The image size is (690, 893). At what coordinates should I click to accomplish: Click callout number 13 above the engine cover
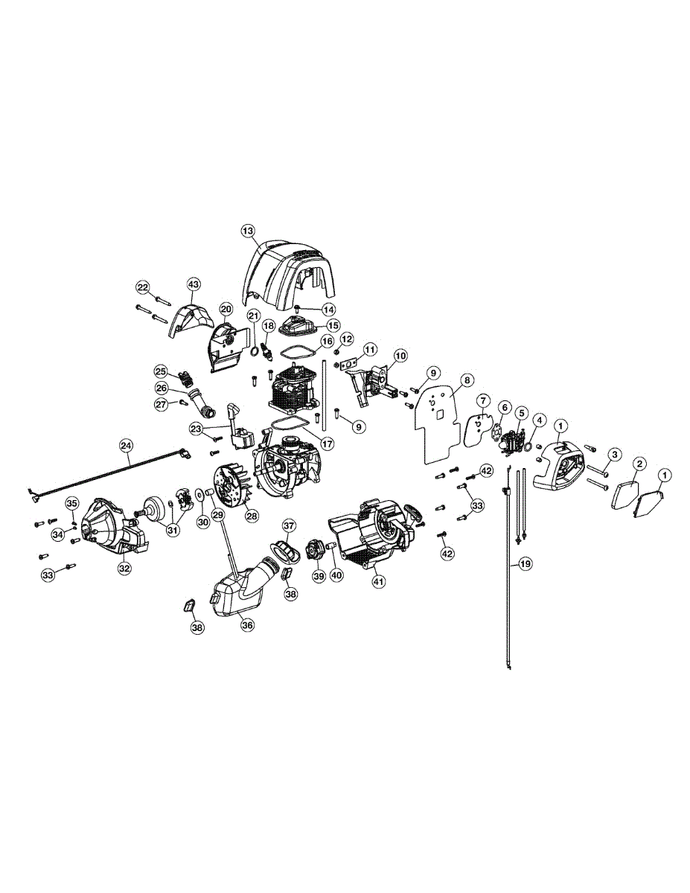point(248,230)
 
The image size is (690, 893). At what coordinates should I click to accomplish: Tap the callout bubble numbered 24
point(126,446)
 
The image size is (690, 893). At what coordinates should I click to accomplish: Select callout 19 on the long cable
point(526,564)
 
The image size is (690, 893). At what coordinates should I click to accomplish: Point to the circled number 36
point(247,625)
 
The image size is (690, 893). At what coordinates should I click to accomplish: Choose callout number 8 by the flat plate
point(467,380)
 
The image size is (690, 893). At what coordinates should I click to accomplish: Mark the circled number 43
point(194,285)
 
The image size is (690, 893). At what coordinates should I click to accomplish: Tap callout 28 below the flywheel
point(252,516)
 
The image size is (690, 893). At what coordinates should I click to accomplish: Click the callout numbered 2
point(639,464)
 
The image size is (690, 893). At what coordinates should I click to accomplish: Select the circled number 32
point(124,568)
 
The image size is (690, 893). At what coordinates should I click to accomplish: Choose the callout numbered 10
point(400,356)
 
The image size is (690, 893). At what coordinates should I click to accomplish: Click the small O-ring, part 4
point(527,446)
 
